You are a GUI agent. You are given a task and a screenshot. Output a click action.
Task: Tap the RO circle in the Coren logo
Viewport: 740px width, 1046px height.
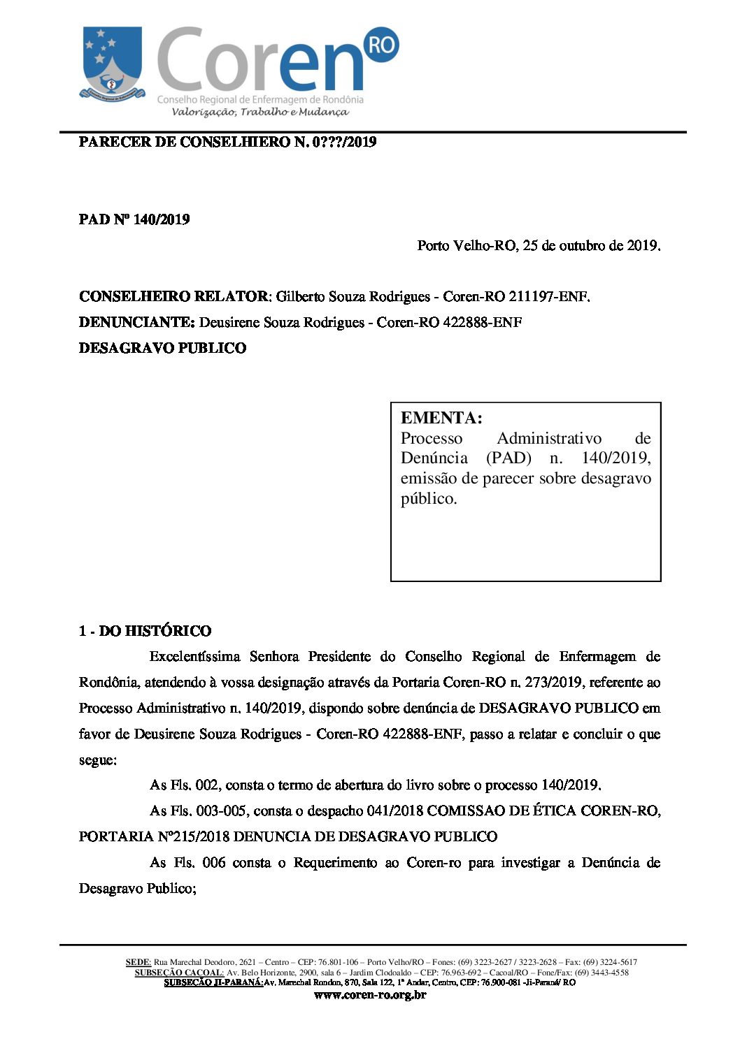click(x=381, y=45)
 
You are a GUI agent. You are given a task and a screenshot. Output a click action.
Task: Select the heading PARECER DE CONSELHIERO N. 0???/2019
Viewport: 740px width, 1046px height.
click(x=227, y=143)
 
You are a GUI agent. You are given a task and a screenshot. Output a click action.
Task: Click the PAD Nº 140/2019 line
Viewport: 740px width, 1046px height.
click(x=134, y=219)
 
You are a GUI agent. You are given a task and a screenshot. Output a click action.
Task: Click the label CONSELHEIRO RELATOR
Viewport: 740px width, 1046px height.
click(x=173, y=296)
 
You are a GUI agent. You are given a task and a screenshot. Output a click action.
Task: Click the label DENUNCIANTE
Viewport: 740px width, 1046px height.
click(x=136, y=322)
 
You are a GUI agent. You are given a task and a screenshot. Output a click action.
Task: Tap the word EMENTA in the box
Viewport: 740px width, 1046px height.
click(x=441, y=418)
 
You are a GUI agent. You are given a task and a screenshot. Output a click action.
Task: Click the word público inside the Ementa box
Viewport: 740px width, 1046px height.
click(x=428, y=498)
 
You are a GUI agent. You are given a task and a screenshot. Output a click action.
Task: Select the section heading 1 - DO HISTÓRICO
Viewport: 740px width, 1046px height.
click(x=145, y=631)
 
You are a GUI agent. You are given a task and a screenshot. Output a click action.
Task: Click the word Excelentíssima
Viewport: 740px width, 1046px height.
click(x=194, y=657)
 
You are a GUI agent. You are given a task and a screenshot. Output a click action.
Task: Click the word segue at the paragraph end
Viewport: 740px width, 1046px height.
click(x=97, y=760)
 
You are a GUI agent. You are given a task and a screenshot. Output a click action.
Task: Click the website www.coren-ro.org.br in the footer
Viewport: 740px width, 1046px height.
click(x=370, y=995)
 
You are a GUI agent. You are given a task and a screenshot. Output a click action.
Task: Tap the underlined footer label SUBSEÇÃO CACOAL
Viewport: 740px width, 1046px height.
click(x=179, y=973)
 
